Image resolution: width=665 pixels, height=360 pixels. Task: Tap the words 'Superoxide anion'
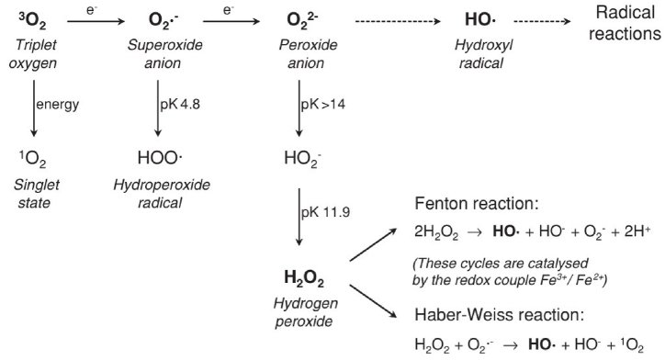[x=163, y=51]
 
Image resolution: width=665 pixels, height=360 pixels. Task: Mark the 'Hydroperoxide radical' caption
[x=162, y=193]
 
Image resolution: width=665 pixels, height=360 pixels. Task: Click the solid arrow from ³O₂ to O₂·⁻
[x=95, y=18]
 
